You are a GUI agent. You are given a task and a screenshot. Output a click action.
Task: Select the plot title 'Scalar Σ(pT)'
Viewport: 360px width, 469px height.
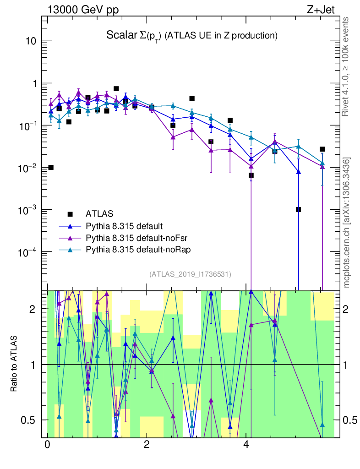click(134, 35)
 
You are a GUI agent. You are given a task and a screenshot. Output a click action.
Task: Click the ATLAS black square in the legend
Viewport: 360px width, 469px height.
click(70, 213)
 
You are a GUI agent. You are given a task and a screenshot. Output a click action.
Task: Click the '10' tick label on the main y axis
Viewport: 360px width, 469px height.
click(30, 41)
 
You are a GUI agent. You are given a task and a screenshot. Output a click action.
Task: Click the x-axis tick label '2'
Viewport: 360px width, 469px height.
click(147, 445)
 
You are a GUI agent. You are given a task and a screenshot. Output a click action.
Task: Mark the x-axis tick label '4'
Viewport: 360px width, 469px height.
click(246, 445)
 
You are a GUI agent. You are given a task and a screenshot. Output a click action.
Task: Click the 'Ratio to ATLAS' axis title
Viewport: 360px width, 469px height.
click(14, 364)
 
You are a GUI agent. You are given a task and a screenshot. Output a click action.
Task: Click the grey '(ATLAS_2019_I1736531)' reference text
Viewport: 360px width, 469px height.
click(190, 274)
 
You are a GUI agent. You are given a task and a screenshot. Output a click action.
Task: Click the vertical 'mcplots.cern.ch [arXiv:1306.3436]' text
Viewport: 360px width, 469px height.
click(347, 223)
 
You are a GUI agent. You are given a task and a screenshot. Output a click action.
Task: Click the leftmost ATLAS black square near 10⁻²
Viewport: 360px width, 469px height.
click(51, 167)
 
